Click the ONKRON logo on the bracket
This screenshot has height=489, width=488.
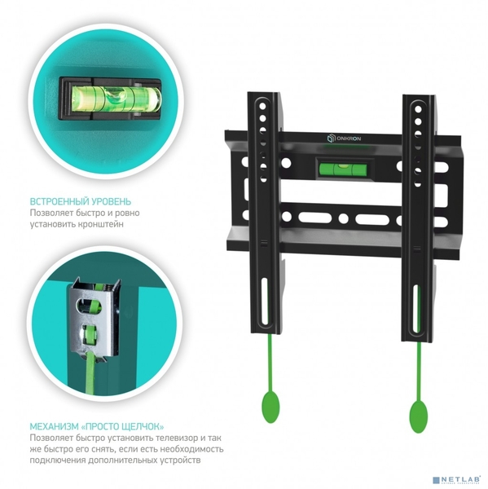[344, 139]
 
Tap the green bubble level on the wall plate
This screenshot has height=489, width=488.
[343, 169]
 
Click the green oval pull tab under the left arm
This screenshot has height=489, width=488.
[270, 407]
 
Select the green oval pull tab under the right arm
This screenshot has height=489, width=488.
[418, 417]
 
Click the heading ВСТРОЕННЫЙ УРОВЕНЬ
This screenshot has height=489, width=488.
[81, 201]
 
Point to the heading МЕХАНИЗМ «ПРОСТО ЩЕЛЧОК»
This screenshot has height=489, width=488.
[97, 426]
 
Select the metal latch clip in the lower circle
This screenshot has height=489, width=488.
[94, 319]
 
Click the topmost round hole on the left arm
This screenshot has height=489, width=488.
[262, 106]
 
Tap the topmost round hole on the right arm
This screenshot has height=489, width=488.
[418, 109]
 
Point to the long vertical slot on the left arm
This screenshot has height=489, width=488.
[265, 302]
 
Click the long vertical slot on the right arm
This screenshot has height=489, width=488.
[415, 308]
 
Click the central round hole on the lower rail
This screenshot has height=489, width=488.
[343, 218]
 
